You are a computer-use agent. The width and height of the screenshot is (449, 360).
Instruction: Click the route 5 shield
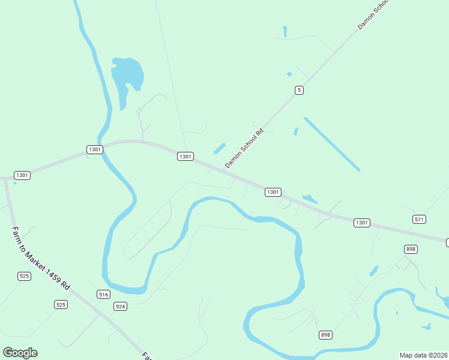[x=299, y=90]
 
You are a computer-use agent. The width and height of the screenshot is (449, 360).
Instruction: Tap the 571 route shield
[x=420, y=220]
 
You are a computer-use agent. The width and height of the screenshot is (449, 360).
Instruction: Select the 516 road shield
[x=104, y=294]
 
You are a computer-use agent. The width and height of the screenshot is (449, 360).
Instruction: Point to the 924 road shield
[x=121, y=306]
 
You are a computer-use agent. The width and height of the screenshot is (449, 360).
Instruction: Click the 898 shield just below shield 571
[x=411, y=249]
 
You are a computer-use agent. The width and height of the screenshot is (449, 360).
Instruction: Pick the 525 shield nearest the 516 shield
[x=61, y=305]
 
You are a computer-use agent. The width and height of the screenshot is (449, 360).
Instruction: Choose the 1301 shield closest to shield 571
[x=361, y=223]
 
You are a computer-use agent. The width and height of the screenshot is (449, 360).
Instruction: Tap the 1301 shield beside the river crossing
[x=94, y=149]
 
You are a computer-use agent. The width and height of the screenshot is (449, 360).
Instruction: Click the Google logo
[x=20, y=353]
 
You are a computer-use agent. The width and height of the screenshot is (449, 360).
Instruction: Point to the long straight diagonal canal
[x=331, y=144]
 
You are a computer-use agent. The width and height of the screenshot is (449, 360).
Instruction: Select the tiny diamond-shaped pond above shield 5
[x=289, y=74]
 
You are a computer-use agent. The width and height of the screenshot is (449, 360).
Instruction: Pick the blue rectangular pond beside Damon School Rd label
[x=219, y=148]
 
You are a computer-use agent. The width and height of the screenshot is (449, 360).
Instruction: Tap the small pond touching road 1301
[x=310, y=199]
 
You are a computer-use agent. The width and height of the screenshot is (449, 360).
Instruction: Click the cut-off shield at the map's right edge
[x=447, y=242]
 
